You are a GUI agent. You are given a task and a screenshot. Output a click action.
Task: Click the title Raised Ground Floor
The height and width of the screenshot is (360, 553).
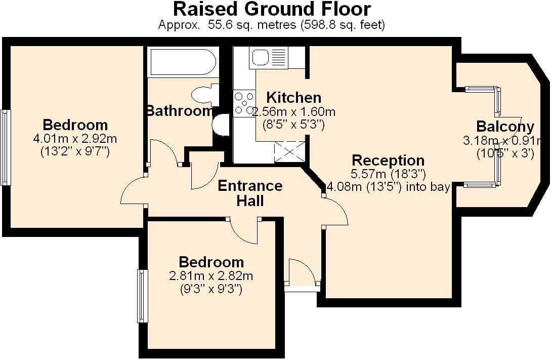tap(272, 9)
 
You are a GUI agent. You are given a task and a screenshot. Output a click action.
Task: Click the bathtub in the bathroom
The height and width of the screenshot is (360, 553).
tap(182, 62)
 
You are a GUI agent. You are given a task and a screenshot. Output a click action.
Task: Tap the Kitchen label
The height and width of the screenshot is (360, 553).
tap(293, 97)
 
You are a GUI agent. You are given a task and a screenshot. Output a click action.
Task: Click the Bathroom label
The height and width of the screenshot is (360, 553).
tap(179, 111)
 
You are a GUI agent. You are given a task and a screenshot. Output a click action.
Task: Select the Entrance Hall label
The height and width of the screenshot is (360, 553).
tap(250, 193)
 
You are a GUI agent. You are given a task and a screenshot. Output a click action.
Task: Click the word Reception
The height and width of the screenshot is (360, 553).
tap(388, 161)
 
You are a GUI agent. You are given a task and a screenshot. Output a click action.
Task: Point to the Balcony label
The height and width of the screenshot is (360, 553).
tap(505, 127)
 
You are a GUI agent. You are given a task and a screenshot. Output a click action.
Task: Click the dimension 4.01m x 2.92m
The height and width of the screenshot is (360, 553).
tap(75, 138)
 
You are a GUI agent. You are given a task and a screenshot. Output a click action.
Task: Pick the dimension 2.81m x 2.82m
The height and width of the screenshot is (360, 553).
tap(211, 276)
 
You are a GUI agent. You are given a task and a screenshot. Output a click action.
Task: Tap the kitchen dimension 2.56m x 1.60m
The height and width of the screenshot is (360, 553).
tap(293, 112)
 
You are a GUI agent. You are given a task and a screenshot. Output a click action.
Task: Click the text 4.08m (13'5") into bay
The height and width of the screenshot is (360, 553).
tap(389, 187)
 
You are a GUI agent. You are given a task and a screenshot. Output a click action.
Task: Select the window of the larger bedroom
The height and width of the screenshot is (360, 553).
tap(6, 147)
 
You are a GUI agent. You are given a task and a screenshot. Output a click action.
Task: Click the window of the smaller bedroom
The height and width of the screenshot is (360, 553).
tap(142, 296)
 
